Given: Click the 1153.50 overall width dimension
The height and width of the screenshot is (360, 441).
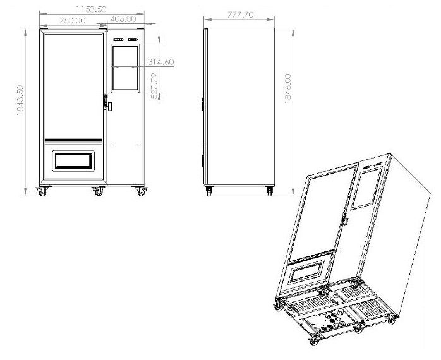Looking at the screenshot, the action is (x=91, y=9).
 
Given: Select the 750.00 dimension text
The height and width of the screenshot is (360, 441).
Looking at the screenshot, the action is (x=73, y=21).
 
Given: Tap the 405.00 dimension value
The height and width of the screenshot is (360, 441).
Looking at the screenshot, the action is (x=123, y=19).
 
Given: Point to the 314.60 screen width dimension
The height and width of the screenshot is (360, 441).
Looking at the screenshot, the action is (x=161, y=62).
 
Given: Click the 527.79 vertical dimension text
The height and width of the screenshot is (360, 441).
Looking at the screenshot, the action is (x=154, y=86).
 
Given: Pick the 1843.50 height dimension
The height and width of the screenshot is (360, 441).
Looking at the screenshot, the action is (x=20, y=100).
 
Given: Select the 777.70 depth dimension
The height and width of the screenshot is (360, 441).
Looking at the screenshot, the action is (x=240, y=15).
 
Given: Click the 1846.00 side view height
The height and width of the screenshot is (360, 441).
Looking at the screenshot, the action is (x=287, y=88).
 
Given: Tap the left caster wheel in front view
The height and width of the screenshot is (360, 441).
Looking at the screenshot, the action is (x=42, y=191).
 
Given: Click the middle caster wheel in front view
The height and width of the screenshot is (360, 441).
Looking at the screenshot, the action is (x=98, y=191).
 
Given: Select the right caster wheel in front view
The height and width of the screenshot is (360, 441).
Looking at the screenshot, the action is (x=141, y=191).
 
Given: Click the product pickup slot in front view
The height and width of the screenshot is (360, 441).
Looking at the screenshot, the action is (x=73, y=161).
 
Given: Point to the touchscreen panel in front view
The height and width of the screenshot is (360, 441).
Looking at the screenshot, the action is (x=125, y=68).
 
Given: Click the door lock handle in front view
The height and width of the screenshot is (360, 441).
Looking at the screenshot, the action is (x=106, y=102).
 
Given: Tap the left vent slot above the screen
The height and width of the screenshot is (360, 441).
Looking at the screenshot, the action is (x=118, y=39).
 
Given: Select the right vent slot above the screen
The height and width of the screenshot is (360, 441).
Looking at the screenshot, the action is (x=133, y=39).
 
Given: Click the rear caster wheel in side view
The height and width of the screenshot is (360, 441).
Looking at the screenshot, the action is (x=270, y=191).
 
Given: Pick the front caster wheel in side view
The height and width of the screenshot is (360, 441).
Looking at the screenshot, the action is (x=209, y=191).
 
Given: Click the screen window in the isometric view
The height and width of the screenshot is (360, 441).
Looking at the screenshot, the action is (x=366, y=188).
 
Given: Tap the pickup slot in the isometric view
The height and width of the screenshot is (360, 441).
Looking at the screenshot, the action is (x=307, y=271).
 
